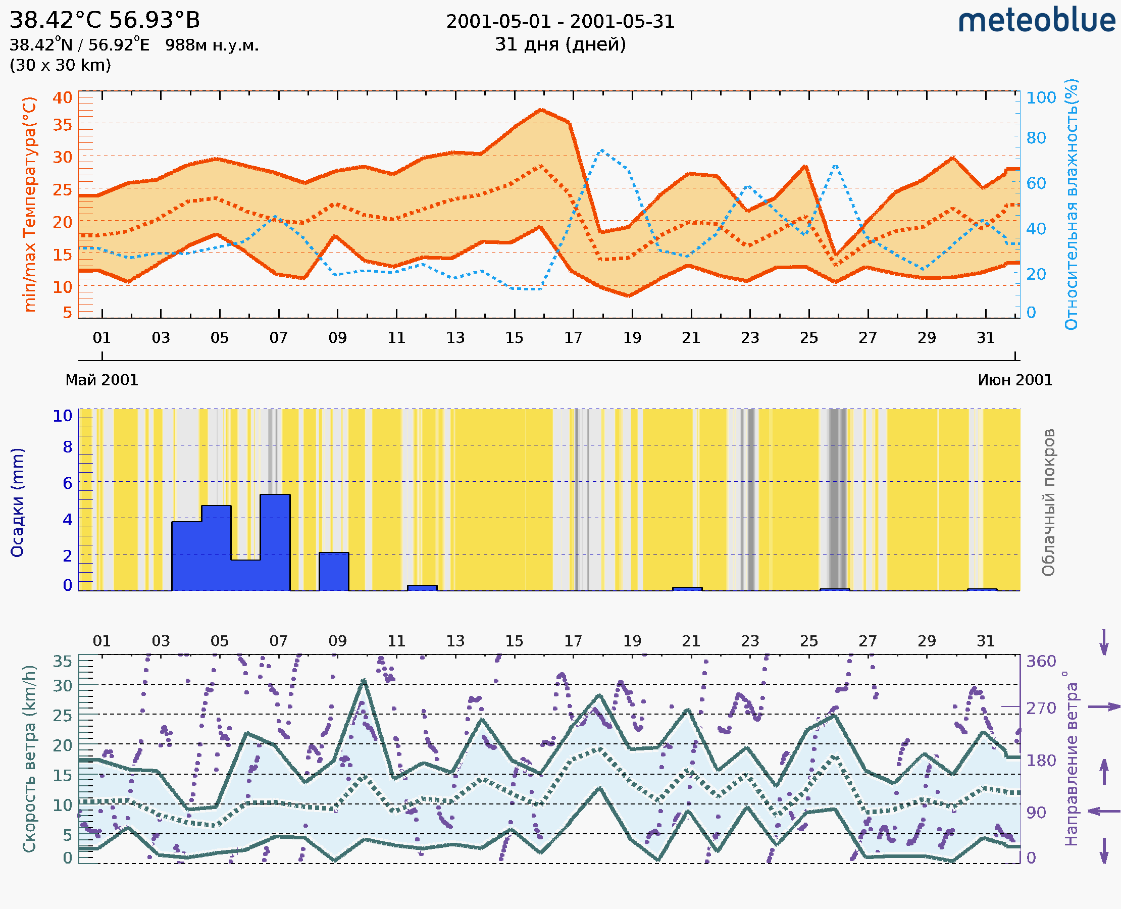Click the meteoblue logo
(x=1037, y=21)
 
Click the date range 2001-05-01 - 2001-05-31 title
(x=560, y=22)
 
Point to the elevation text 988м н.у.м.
(x=212, y=45)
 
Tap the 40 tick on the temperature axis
(x=62, y=98)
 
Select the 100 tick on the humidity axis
(x=1041, y=98)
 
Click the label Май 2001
(x=101, y=380)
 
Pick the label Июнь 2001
(x=1015, y=380)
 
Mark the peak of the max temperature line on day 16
(x=541, y=110)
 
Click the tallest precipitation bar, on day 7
(x=275, y=542)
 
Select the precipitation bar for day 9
(x=334, y=571)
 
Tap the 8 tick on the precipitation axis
(x=68, y=447)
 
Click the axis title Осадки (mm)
(x=17, y=502)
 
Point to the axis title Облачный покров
(x=1048, y=502)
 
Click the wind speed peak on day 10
(x=364, y=681)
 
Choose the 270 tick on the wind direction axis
(x=1041, y=709)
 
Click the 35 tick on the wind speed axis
(x=62, y=662)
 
